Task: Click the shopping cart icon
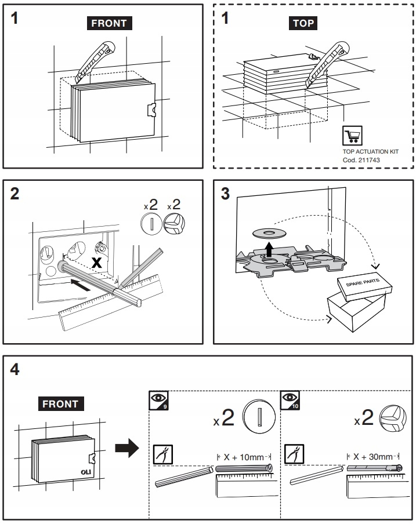click(351, 136)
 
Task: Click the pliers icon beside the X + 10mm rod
click(162, 454)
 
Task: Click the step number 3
click(226, 194)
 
